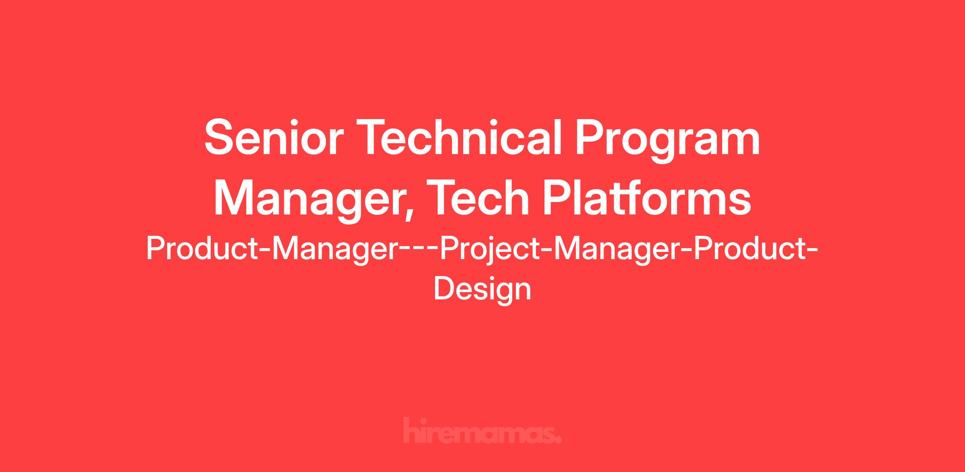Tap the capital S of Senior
pos(219,137)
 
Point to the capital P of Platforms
pos(556,198)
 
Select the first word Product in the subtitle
pos(202,248)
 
